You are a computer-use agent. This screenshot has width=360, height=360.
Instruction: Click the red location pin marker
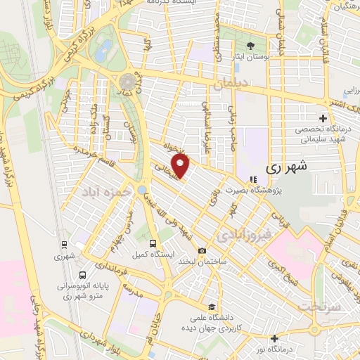click(x=181, y=166)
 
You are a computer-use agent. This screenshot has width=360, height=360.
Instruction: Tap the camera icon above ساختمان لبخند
click(x=202, y=251)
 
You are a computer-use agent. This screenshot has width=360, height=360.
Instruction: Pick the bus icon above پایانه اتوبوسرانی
click(x=84, y=276)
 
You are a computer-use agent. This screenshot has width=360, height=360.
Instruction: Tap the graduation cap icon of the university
click(x=212, y=307)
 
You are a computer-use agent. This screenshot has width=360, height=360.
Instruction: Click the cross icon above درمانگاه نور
click(x=274, y=338)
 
